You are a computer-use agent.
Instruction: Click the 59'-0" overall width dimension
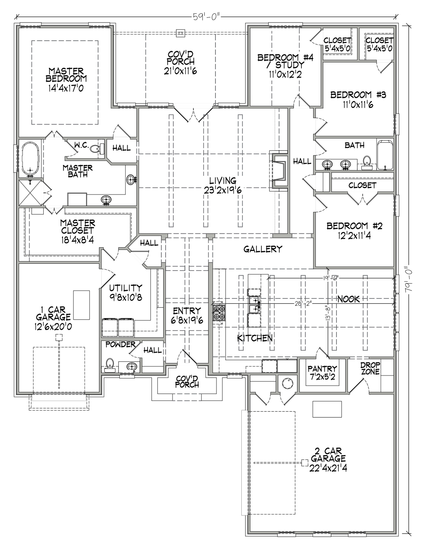tap(207, 17)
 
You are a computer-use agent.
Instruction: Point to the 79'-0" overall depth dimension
tap(409, 279)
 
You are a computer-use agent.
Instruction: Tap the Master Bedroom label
tap(66, 75)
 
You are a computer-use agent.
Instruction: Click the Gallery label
tap(262, 249)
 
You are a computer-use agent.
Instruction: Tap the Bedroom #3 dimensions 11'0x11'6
tap(358, 104)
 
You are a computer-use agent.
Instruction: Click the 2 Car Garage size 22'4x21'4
tap(328, 468)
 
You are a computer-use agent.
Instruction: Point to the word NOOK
tap(348, 299)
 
